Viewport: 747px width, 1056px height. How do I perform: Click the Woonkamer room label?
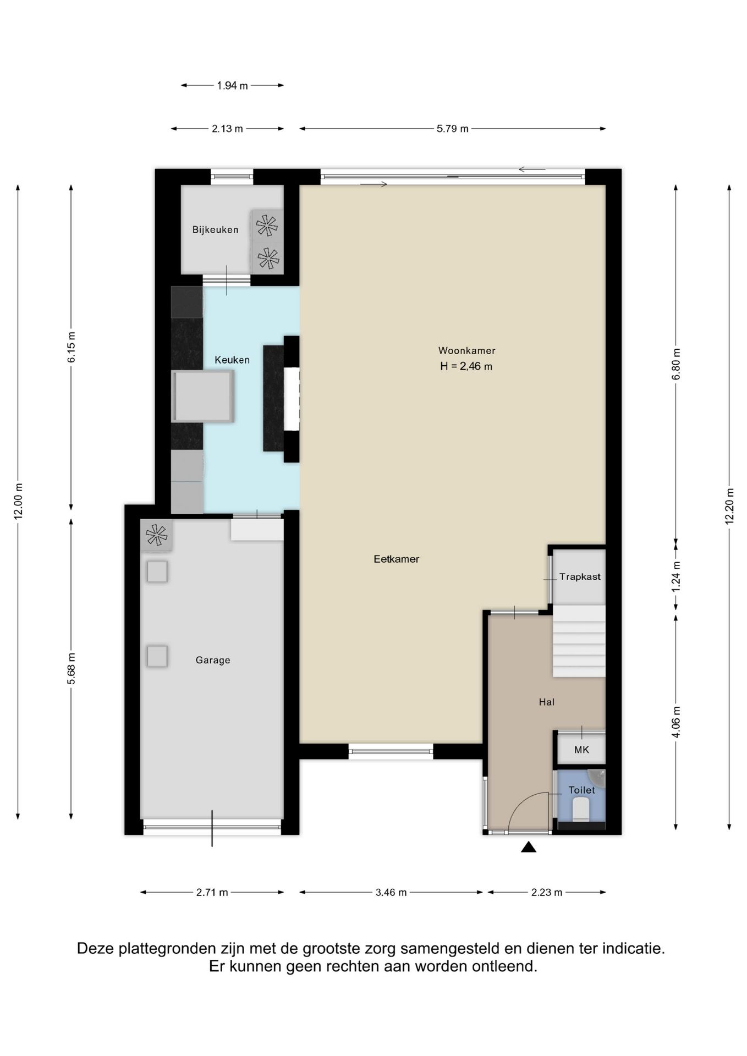466,350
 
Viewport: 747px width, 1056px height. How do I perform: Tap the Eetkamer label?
396,559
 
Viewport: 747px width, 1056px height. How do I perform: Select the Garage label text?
213,660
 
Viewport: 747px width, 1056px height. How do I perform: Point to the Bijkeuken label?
215,230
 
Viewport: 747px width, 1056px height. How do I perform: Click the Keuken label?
232,360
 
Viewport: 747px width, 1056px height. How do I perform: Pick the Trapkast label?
580,577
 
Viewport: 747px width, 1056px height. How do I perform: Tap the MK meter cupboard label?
581,750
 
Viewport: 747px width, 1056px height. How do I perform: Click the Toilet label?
581,790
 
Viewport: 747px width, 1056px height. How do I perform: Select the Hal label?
546,702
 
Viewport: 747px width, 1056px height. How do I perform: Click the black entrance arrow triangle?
529,848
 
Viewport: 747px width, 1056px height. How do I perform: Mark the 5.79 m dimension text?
453,129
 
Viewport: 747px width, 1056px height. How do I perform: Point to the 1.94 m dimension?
232,85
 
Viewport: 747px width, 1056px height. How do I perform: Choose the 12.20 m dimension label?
729,506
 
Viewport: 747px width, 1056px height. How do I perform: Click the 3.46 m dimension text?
391,892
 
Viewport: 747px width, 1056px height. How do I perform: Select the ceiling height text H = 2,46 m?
466,366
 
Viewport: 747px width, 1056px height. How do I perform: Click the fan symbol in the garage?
156,535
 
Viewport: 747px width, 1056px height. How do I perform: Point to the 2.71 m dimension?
212,892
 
